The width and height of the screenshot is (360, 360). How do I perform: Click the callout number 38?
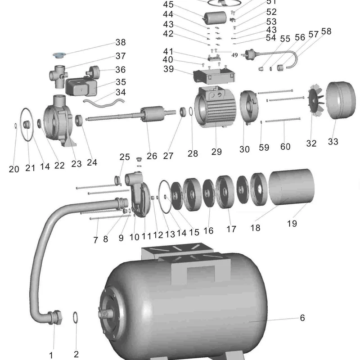point(121,42)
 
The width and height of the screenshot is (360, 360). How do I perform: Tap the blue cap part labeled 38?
point(59,55)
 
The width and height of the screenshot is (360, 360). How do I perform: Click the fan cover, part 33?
point(341,100)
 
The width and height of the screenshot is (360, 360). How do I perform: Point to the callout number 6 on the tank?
point(302,318)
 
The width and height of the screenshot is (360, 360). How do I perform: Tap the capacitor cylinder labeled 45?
point(215,18)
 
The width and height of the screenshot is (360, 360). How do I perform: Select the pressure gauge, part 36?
point(93,71)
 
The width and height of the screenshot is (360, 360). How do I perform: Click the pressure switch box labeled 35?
point(81,86)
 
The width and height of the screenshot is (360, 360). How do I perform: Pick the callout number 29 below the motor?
point(216,152)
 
